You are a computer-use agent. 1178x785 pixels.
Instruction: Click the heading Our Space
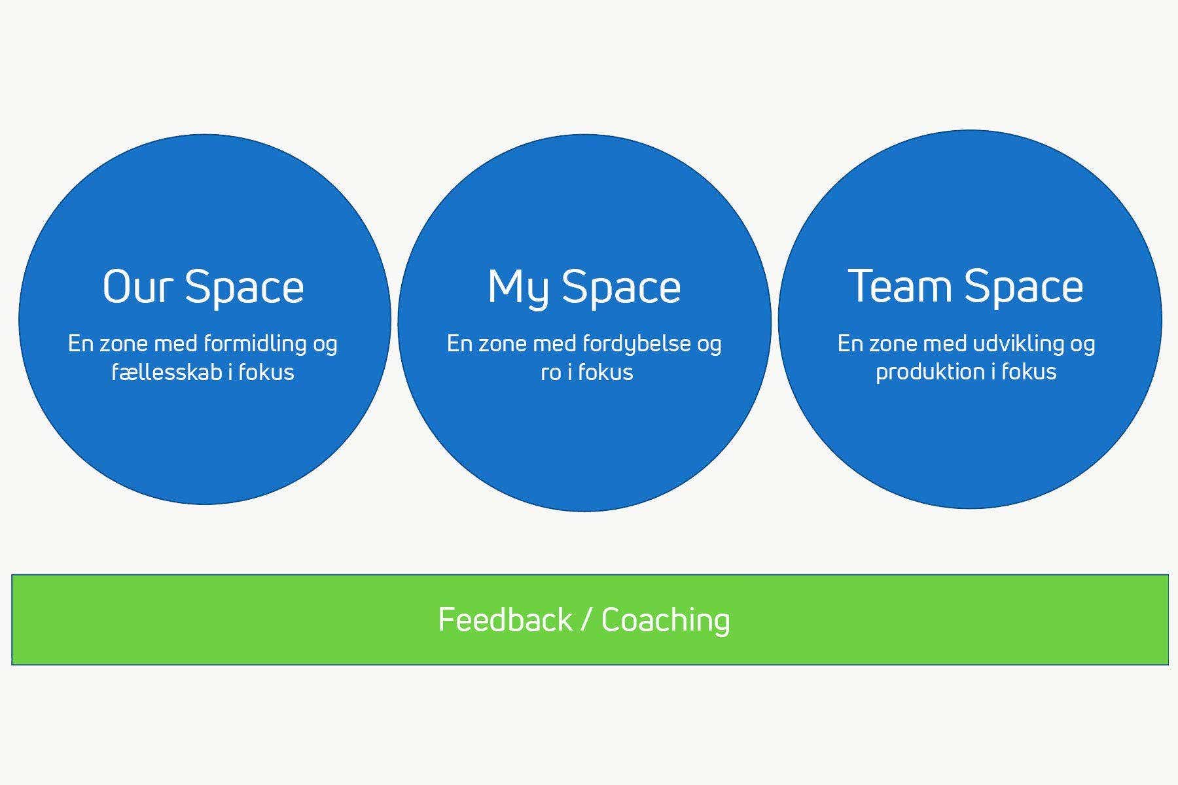204,287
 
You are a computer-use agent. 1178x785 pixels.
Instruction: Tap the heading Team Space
966,287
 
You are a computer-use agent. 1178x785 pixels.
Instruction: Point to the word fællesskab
167,372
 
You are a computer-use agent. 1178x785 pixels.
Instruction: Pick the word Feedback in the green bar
505,619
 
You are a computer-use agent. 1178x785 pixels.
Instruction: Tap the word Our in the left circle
138,287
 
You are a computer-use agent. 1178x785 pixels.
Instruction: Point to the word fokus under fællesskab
266,372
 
